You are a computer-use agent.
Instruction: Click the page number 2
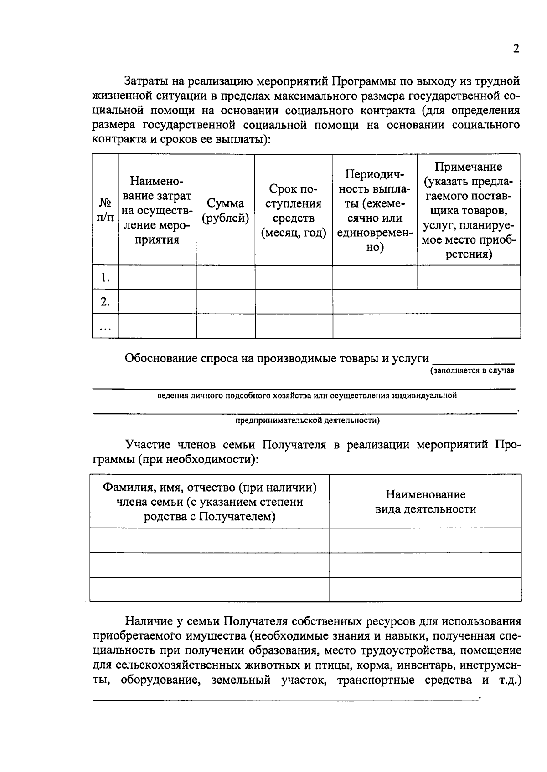pos(516,49)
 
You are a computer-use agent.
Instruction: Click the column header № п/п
pos(105,210)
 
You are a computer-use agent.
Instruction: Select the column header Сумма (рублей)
pos(225,211)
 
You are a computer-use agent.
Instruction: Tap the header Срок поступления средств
pos(293,211)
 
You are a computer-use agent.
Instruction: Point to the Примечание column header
pos(468,210)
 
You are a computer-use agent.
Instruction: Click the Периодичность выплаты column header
pos(374,210)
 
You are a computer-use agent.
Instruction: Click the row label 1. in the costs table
pos(105,277)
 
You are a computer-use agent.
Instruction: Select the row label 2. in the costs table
pos(105,301)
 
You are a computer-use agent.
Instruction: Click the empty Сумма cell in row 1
pos(225,277)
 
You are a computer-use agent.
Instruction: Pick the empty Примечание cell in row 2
pos(469,301)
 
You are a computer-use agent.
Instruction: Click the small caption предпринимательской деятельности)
pos(307,421)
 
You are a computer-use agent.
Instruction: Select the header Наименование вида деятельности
pos(425,502)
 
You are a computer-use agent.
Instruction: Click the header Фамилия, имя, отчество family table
pos(210,502)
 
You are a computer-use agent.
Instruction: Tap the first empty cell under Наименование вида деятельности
pos(425,540)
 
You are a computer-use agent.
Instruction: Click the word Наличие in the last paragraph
pos(149,621)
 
